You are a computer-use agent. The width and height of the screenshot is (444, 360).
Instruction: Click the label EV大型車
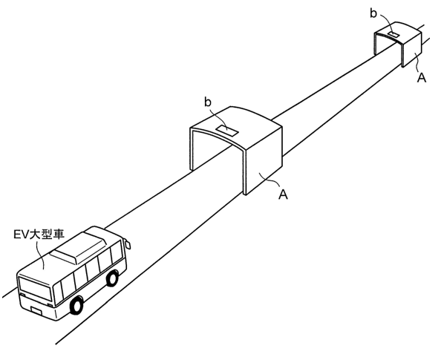[x=39, y=235]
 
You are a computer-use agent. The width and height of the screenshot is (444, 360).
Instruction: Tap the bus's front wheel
[x=76, y=305]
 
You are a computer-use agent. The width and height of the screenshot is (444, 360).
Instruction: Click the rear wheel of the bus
[x=112, y=278]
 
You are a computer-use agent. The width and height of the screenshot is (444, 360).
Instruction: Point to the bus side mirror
[x=128, y=245]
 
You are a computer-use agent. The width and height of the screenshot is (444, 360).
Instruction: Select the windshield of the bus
[x=35, y=289]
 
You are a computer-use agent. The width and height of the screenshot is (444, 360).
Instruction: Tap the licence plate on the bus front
[x=36, y=310]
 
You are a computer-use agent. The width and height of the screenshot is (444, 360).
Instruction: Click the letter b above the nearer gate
[x=208, y=102]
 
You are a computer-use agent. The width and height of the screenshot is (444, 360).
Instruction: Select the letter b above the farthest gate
[x=373, y=13]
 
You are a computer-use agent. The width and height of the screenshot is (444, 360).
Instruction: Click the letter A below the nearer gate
[x=283, y=194]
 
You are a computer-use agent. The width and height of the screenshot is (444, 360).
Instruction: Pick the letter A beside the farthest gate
[x=421, y=77]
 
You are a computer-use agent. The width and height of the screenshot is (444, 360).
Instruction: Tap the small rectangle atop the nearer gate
[x=227, y=131]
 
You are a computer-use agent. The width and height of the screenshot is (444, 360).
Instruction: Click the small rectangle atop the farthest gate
[x=394, y=35]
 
